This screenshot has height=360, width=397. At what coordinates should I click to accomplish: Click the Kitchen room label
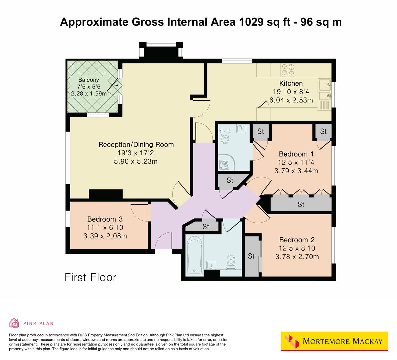point(291,83)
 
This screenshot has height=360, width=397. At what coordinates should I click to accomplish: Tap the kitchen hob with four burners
point(288,70)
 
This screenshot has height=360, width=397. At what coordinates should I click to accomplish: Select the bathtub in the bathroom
point(193,255)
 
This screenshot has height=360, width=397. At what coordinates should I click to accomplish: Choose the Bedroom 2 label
point(297,240)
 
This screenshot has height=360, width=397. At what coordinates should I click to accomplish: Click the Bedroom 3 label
point(105,219)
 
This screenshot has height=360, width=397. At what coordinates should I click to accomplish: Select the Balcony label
point(88,80)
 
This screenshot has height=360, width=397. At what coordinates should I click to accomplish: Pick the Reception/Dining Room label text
point(136,145)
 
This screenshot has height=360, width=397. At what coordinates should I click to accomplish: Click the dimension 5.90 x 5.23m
point(136,162)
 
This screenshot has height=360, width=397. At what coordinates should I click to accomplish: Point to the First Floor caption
point(90,277)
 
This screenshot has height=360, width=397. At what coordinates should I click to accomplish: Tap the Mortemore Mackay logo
point(334,341)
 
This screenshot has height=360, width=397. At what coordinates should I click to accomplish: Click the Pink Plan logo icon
point(14,323)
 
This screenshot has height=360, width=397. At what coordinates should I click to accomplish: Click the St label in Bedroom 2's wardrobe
point(251,256)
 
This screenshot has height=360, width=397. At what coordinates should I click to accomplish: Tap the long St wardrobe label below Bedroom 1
point(301,204)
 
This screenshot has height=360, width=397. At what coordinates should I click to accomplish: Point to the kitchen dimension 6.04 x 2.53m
point(291,100)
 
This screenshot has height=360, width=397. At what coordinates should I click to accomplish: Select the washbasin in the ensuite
point(241,128)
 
